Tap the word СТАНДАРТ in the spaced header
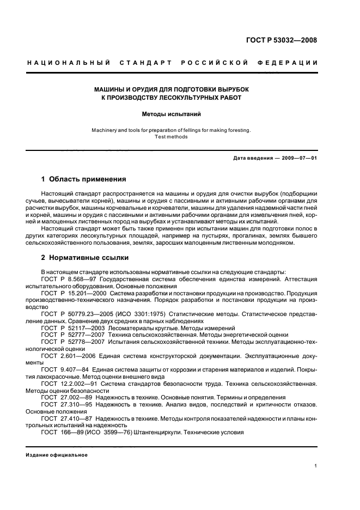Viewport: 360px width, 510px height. click(150, 64)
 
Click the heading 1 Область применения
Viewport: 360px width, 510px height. click(84, 179)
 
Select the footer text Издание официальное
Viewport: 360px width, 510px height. click(57, 455)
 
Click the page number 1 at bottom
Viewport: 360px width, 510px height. click(316, 465)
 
